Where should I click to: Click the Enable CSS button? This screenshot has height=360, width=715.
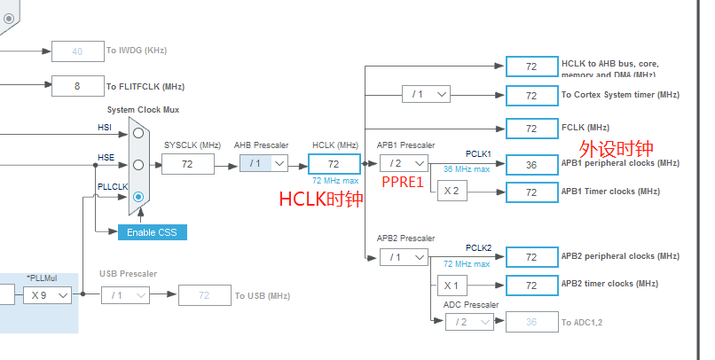point(152,231)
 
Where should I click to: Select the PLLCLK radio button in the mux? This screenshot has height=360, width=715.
point(137,197)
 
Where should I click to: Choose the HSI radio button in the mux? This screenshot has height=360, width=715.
point(137,134)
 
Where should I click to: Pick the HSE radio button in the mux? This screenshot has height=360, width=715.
point(137,165)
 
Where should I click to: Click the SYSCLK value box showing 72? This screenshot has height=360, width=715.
point(187,164)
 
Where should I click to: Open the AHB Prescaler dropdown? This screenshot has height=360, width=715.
point(264,163)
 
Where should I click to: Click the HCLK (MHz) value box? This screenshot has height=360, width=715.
point(334,164)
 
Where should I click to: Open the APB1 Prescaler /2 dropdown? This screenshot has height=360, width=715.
point(403,163)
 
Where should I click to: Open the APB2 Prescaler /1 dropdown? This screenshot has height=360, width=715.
point(403,256)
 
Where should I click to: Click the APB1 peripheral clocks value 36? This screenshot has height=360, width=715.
point(530,164)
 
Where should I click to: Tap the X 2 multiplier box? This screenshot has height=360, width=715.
point(451,191)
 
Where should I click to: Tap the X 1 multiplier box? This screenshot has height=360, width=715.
point(451,285)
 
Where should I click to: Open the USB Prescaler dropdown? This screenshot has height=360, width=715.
point(124,294)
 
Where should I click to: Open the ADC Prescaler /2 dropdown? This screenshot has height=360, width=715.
point(469,321)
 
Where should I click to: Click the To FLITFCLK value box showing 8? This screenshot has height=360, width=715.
point(77,86)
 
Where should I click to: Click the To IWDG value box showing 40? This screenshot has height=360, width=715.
point(77,51)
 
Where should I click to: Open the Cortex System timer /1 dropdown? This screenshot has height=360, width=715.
point(426,94)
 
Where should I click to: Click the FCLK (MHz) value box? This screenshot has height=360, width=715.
point(530,128)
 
